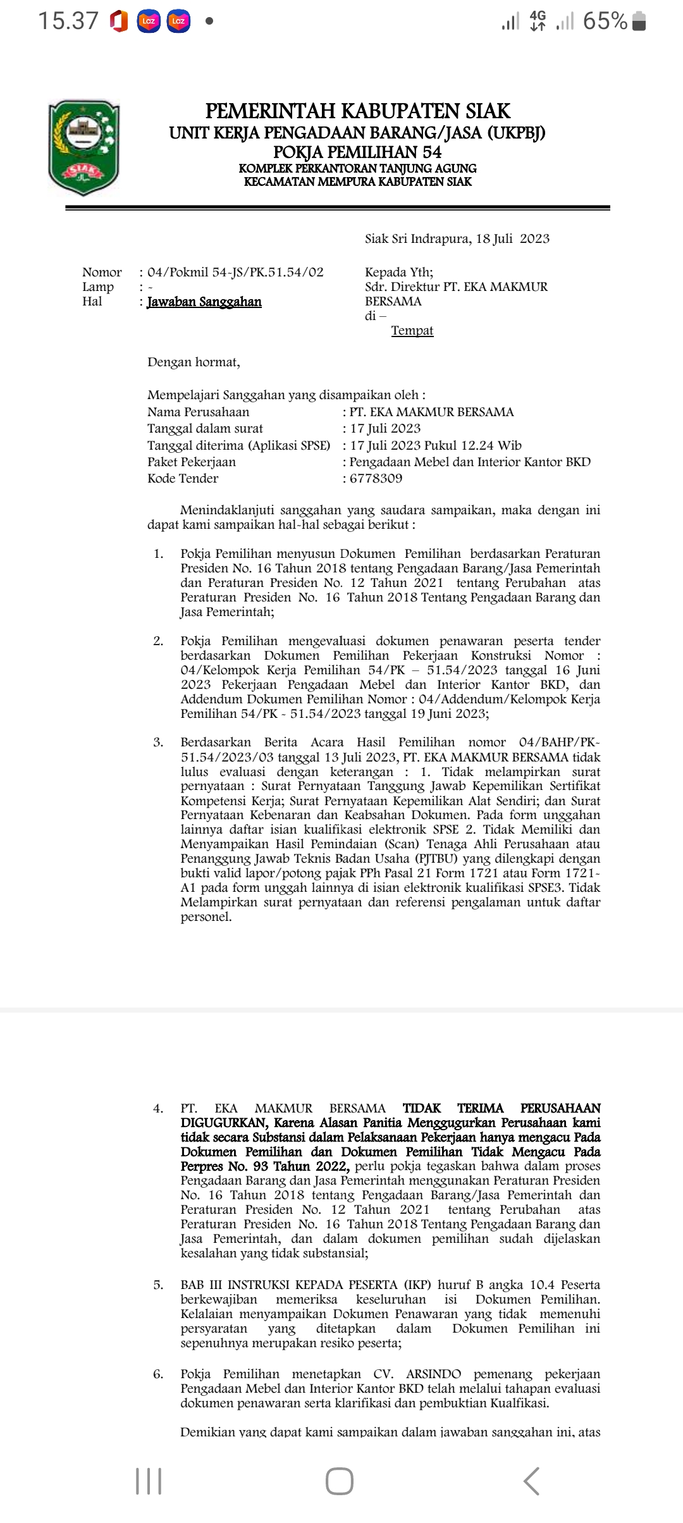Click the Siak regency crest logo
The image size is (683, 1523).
[x=84, y=148]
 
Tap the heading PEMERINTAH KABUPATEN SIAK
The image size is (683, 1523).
[x=357, y=111]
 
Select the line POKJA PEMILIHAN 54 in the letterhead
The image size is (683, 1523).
[x=357, y=152]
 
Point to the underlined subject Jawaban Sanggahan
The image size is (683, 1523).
[x=204, y=302]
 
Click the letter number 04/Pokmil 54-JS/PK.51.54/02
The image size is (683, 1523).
[x=235, y=273]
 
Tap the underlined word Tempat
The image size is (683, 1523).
[x=412, y=331]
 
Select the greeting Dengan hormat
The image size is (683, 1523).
[x=194, y=362]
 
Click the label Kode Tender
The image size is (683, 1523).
[x=183, y=478]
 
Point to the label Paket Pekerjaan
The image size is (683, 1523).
[x=192, y=462]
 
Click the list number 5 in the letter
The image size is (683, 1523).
[x=158, y=1285]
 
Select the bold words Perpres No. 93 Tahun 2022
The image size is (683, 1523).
[x=265, y=1166]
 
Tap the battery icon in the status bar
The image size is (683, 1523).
[x=639, y=22]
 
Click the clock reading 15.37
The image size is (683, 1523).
[x=68, y=22]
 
